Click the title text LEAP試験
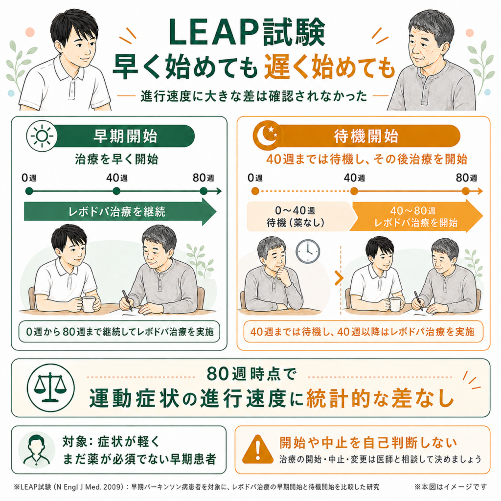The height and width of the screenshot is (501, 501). pyautogui.click(x=247, y=32)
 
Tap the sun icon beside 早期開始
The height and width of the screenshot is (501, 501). pyautogui.click(x=42, y=136)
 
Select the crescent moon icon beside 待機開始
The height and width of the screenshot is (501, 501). pyautogui.click(x=268, y=135)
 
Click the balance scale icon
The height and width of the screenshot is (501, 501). pyautogui.click(x=50, y=387)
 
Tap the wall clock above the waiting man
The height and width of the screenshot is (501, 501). pyautogui.click(x=308, y=251)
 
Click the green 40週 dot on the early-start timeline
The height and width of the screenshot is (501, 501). pyautogui.click(x=116, y=191)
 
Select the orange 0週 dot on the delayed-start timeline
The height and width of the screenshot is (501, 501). pyautogui.click(x=255, y=191)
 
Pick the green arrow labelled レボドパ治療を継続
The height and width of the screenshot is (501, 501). pyautogui.click(x=120, y=211)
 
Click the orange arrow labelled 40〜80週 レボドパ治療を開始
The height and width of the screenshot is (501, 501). pyautogui.click(x=416, y=216)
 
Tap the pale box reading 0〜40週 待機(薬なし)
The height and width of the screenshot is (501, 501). pyautogui.click(x=299, y=216)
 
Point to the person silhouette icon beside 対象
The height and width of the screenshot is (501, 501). pyautogui.click(x=37, y=450)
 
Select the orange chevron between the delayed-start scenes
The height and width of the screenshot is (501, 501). pyautogui.click(x=339, y=278)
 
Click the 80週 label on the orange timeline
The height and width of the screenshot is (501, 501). pyautogui.click(x=466, y=178)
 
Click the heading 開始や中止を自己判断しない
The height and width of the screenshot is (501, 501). pyautogui.click(x=368, y=442)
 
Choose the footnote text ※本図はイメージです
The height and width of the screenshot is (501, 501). pyautogui.click(x=451, y=487)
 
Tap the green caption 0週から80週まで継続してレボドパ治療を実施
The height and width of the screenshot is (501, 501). pyautogui.click(x=119, y=332)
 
